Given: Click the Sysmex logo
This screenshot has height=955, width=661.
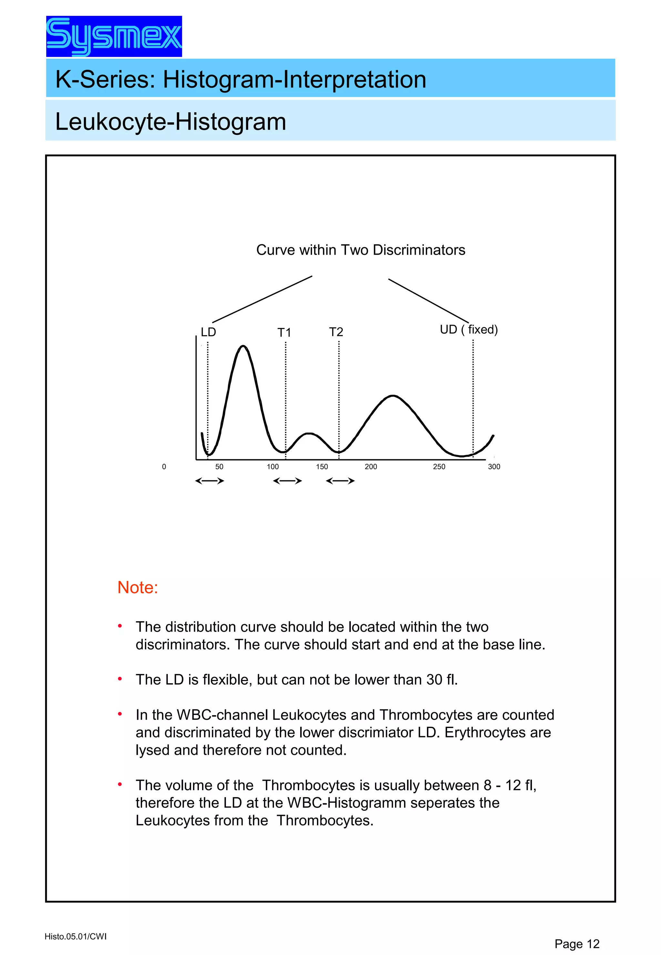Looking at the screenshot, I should (114, 36).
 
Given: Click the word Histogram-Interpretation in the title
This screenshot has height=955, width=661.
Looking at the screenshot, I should (294, 79).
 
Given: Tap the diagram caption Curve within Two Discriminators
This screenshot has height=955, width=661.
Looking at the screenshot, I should (360, 250).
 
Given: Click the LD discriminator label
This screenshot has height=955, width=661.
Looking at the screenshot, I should (208, 332).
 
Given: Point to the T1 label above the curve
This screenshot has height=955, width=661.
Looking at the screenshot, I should (284, 332).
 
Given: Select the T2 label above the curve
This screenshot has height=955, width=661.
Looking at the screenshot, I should (336, 332).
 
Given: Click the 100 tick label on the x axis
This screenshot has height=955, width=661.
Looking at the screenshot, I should (272, 467).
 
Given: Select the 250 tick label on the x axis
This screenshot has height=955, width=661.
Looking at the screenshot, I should (439, 467).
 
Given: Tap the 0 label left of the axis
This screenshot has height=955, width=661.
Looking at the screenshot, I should (164, 467).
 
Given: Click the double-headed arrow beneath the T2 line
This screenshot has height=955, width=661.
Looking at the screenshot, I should (340, 481).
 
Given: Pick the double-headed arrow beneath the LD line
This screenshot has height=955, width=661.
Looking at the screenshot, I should (209, 481).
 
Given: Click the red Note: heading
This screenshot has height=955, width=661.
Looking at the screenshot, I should (137, 587).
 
